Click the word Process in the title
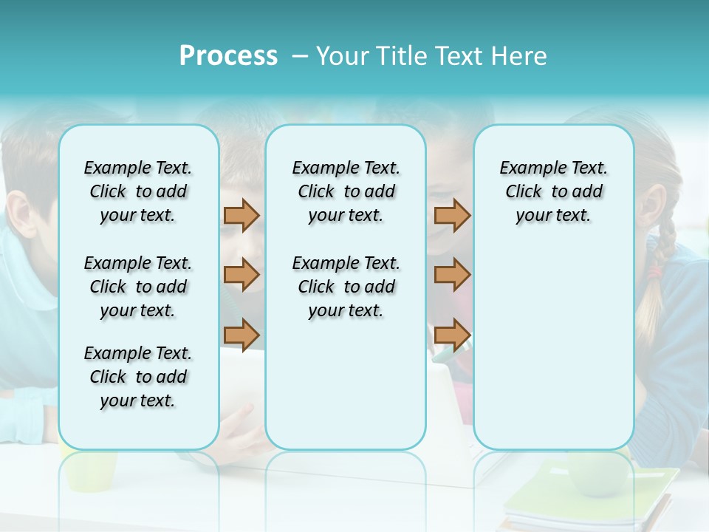click(228, 56)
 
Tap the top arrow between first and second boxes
click(242, 215)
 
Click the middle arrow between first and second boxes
click(242, 275)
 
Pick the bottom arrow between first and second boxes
click(242, 335)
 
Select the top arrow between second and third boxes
click(452, 215)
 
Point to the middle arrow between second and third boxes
click(452, 275)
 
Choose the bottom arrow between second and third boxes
click(452, 335)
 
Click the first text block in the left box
click(138, 191)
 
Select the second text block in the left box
click(138, 287)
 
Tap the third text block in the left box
click(138, 377)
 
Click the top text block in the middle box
click(346, 191)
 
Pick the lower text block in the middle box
click(346, 287)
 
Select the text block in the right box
click(553, 191)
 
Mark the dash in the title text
click(298, 57)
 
